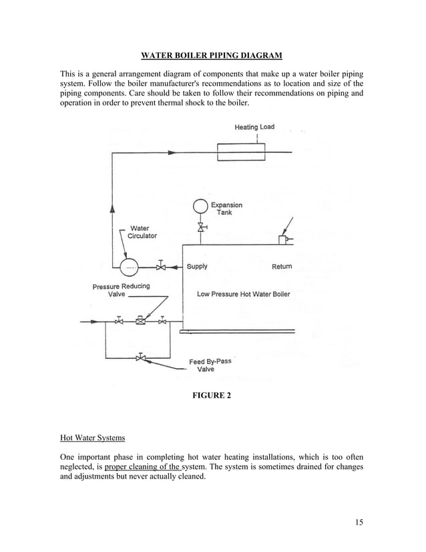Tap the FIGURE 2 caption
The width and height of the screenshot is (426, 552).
click(x=212, y=396)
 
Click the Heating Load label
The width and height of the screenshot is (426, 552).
click(x=254, y=127)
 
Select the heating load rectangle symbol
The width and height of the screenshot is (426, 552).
click(x=241, y=152)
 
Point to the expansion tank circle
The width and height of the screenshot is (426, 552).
click(x=200, y=206)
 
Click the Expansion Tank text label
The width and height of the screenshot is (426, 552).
click(x=226, y=209)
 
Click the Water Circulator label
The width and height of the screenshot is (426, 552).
click(x=142, y=232)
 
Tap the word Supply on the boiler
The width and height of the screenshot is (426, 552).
click(x=197, y=267)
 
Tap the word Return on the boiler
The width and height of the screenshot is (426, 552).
click(x=282, y=267)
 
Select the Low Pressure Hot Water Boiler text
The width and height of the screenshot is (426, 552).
click(x=243, y=294)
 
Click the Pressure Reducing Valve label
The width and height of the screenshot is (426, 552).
click(x=121, y=290)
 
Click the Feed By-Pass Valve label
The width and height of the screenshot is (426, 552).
click(x=210, y=365)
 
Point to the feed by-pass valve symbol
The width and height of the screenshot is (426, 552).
click(x=140, y=358)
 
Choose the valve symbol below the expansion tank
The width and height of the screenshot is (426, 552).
click(x=200, y=229)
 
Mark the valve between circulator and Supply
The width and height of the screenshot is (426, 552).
click(x=162, y=267)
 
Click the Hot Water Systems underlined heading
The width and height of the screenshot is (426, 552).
click(x=92, y=438)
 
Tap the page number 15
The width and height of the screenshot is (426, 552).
click(x=359, y=522)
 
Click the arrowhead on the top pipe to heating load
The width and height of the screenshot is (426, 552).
click(x=172, y=152)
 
